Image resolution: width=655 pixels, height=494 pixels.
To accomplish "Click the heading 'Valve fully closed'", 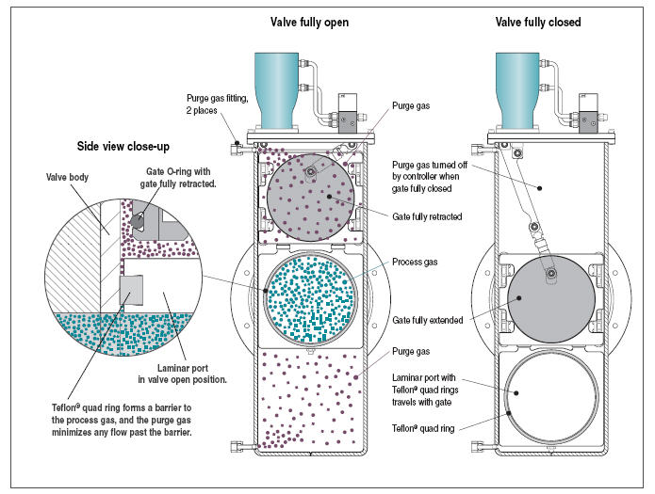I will (x=538, y=21).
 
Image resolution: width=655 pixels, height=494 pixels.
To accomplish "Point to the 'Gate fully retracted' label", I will (x=429, y=215).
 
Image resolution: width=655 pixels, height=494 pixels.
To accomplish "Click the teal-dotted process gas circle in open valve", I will (x=312, y=295).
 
